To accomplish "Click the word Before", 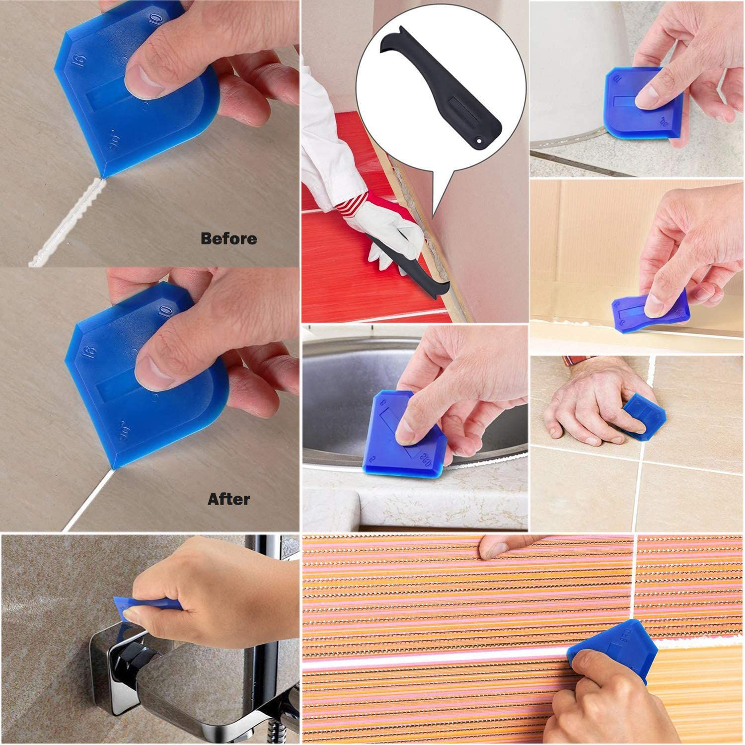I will click(x=228, y=239).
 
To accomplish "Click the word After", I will click(x=228, y=499).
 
